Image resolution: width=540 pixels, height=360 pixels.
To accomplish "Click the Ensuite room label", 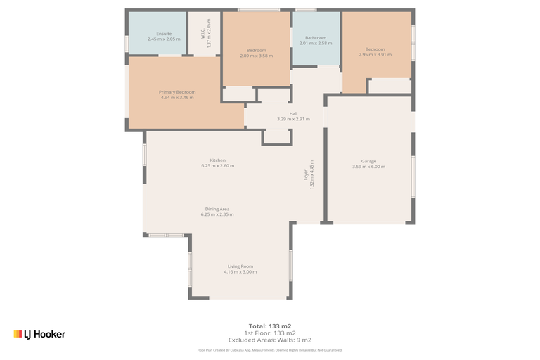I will [x=164, y=34].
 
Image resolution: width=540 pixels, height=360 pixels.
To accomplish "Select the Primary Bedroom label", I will [x=176, y=92].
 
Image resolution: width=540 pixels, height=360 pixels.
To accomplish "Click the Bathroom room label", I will [x=315, y=38].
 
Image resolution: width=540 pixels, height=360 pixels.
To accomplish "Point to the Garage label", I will [x=368, y=161].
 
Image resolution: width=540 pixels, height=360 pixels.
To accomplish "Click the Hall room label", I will [x=293, y=113].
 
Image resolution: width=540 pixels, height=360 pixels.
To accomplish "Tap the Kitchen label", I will [x=217, y=160].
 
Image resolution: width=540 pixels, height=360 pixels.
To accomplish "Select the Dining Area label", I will [x=217, y=209].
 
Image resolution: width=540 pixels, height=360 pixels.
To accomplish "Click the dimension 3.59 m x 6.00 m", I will [x=368, y=167].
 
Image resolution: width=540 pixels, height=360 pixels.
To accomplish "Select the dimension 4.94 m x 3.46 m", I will [x=176, y=98].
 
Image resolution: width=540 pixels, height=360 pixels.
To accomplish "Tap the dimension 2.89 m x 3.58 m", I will [x=256, y=56].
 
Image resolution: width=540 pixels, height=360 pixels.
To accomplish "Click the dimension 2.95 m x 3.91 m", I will [x=375, y=55].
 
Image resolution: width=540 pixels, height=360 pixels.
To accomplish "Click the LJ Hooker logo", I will [x=39, y=334].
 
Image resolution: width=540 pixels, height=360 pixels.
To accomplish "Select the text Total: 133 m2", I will [x=269, y=326].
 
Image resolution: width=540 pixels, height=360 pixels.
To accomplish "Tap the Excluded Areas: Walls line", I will [x=269, y=340].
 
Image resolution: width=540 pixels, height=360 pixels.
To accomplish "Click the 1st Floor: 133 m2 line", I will [x=269, y=333].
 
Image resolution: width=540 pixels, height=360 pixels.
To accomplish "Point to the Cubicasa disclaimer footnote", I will [x=269, y=349].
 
